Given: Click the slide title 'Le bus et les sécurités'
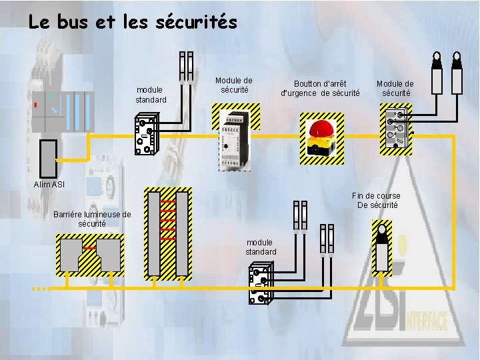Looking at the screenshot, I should [x=133, y=22].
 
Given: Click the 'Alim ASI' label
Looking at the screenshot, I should [x=49, y=184].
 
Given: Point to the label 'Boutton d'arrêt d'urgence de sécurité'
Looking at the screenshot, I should [x=320, y=88].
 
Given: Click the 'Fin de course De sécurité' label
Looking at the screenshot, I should [x=377, y=200].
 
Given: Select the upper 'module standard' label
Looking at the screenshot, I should [x=151, y=95].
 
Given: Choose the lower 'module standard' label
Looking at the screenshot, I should [x=261, y=247].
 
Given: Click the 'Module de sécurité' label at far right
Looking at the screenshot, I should [x=395, y=88].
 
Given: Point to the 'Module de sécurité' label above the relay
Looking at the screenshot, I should [x=234, y=85].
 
